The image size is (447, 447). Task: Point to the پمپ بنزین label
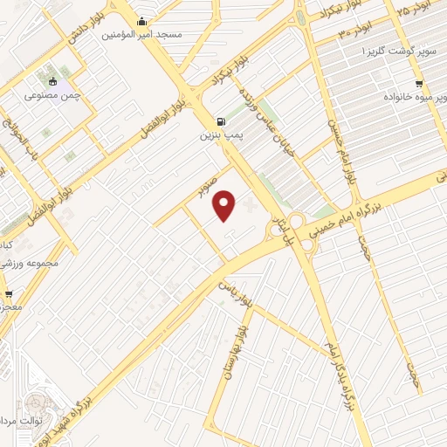point(218,135)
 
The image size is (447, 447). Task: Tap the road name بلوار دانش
point(81,20)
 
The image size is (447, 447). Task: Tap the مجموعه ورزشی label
point(33,262)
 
